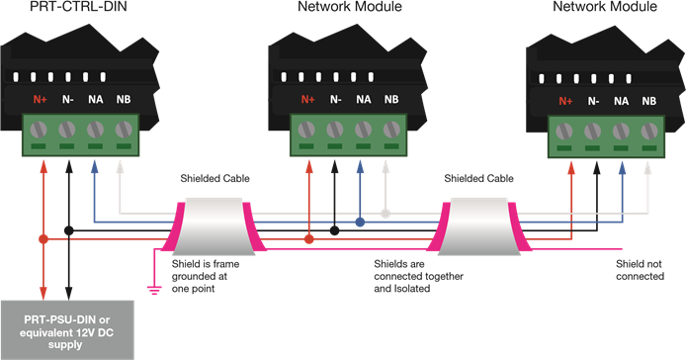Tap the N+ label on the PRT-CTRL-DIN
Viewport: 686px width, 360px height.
click(42, 99)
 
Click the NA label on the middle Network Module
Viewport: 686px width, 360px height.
click(364, 99)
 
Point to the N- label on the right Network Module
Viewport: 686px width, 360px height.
click(593, 101)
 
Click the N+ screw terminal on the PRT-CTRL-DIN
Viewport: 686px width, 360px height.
click(42, 130)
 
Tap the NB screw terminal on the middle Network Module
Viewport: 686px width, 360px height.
click(390, 130)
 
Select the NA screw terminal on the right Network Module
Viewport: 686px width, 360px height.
click(621, 132)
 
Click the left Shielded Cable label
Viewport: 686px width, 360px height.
click(214, 179)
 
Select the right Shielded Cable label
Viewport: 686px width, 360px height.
click(478, 179)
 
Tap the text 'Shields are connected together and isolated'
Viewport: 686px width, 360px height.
click(414, 277)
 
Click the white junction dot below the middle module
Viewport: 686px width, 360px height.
click(386, 213)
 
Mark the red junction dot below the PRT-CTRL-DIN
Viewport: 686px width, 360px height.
click(43, 239)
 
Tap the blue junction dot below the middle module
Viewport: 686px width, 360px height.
click(360, 223)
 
